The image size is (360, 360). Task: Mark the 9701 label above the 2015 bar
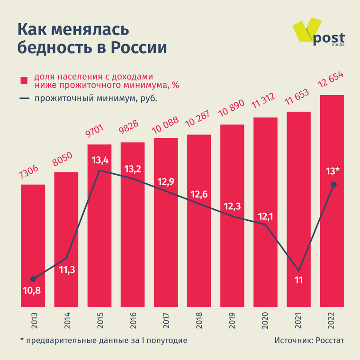(x=98, y=132)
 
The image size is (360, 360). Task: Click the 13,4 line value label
(x=99, y=160)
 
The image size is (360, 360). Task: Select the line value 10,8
(x=32, y=290)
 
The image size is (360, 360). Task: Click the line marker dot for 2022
(x=334, y=184)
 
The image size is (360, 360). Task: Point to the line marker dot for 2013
(x=33, y=279)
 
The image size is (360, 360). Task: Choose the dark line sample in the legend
(x=25, y=99)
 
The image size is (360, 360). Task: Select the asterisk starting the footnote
(x=22, y=340)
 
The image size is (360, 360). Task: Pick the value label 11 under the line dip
(x=298, y=280)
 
